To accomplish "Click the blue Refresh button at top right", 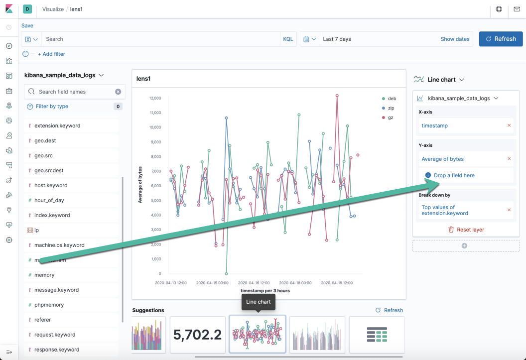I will (501, 39).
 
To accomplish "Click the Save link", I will (27, 25).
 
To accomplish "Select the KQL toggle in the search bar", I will (288, 39).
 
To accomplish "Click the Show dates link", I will (454, 39).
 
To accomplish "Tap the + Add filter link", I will (51, 54).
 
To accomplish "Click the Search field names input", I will (75, 92).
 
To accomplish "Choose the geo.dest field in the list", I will (45, 140).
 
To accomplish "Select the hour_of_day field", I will (49, 200).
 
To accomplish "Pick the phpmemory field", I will (49, 305).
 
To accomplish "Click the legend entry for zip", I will (391, 108).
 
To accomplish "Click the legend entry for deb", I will (392, 99).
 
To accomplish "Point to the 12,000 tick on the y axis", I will (154, 98).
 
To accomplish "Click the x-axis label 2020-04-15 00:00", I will (212, 283).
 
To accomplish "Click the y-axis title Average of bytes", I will (140, 185).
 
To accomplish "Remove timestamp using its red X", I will (509, 125).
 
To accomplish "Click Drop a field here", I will (454, 175).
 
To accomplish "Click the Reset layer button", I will (466, 230).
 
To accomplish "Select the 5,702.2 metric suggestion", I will (198, 335).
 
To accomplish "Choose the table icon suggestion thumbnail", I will (377, 335).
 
